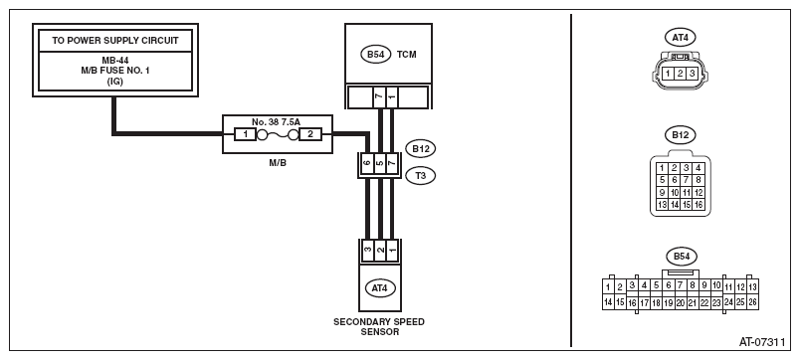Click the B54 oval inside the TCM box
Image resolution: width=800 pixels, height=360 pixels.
375,55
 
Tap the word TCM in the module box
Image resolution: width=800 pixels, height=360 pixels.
407,55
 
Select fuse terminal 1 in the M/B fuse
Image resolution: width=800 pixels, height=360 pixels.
245,135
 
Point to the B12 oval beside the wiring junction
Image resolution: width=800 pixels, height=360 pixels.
421,149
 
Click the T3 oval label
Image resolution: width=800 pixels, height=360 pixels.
421,176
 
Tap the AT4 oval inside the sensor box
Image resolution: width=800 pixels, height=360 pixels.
380,288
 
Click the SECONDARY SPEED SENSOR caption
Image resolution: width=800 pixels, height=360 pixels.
379,327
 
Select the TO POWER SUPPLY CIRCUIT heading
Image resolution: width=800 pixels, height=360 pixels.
115,41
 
